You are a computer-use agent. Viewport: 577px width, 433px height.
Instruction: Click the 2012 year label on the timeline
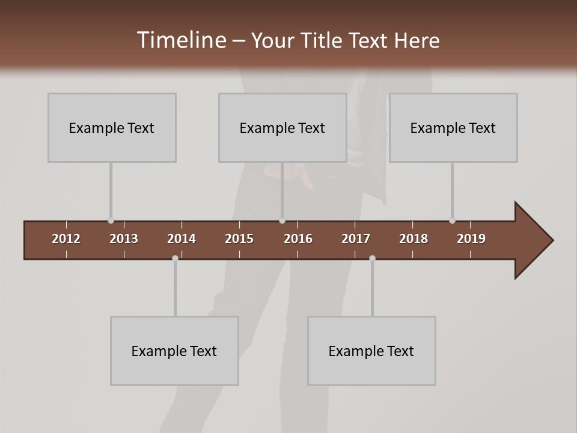[x=66, y=239]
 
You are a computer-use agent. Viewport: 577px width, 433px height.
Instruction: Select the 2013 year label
[x=124, y=239]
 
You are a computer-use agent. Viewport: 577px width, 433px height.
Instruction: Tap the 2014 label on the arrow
[x=182, y=239]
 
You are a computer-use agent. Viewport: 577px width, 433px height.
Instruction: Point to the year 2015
[x=239, y=239]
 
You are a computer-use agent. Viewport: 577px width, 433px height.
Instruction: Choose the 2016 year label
[x=298, y=239]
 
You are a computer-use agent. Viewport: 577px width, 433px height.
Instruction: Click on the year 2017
[x=356, y=239]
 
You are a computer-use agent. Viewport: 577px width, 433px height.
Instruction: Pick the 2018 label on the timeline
[x=414, y=239]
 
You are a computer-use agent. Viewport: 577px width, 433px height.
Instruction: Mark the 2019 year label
[x=471, y=239]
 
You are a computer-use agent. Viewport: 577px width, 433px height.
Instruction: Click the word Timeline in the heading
[x=181, y=40]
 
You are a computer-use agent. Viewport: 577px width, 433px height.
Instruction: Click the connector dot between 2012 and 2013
[x=111, y=221]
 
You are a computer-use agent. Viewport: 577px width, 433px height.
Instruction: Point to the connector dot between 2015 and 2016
[x=282, y=221]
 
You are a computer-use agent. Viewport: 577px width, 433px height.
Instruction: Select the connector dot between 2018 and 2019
[x=452, y=221]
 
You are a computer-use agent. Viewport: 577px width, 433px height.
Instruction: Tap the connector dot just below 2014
[x=175, y=258]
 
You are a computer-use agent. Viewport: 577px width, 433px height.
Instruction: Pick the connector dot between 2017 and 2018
[x=372, y=258]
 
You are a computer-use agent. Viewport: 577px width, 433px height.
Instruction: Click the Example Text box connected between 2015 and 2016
[x=282, y=127]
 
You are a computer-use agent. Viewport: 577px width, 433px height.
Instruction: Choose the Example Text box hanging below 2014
[x=174, y=351]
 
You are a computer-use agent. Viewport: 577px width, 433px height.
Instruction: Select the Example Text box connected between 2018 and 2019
[x=453, y=127]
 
